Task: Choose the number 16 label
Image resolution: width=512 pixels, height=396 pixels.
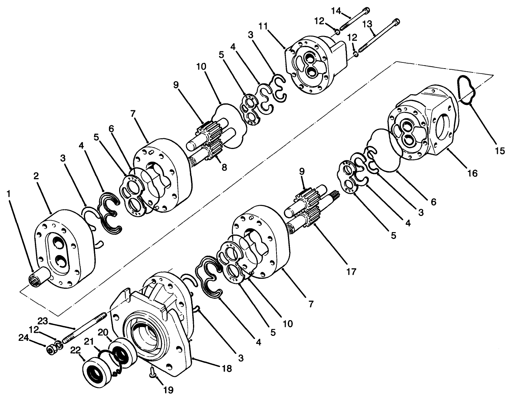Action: pos(473,173)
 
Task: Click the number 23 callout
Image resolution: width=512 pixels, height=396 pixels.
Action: pos(43,320)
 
